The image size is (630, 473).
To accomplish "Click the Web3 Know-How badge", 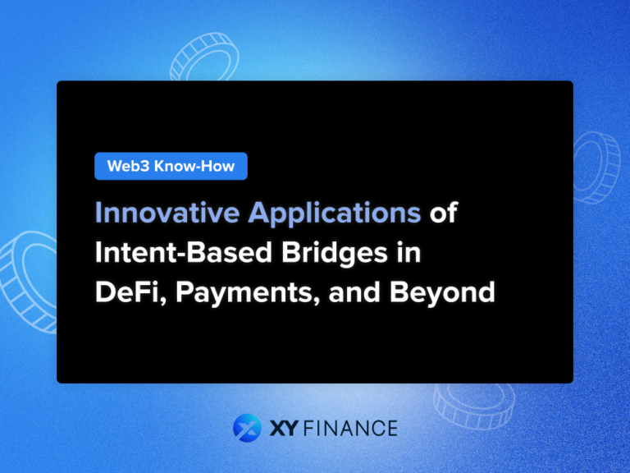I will (x=171, y=167).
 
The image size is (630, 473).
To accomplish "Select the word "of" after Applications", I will (x=444, y=213).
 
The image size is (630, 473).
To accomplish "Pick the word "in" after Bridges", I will (x=408, y=252).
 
